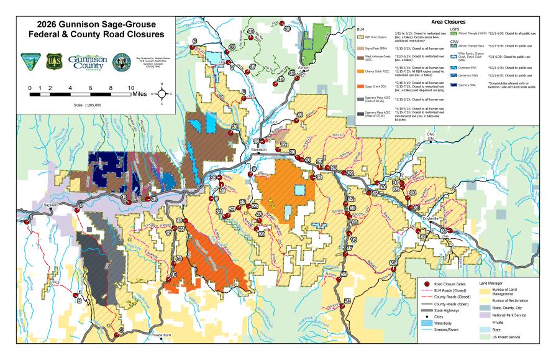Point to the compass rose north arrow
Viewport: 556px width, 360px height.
[161, 94]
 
